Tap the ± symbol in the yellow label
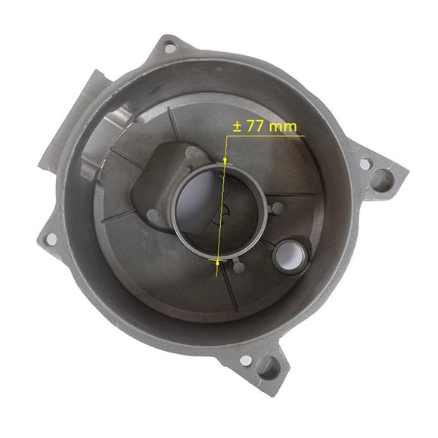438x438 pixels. (238, 126)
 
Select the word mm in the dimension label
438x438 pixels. (284, 126)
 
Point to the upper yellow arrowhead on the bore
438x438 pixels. (225, 160)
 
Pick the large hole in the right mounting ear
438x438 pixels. (382, 180)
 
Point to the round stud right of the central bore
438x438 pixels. (277, 207)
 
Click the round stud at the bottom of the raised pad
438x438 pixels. (154, 216)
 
